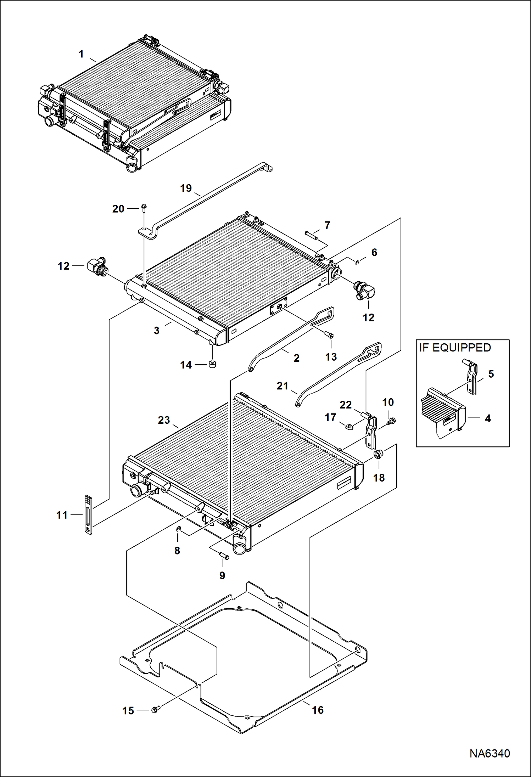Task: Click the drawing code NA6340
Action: (x=490, y=753)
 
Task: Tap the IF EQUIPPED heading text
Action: (x=455, y=348)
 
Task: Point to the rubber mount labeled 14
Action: (x=212, y=364)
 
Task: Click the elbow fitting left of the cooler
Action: (x=95, y=266)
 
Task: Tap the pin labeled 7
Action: (x=312, y=235)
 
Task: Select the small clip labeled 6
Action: (x=358, y=262)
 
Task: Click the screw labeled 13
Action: (x=329, y=335)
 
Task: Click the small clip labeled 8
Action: (x=179, y=529)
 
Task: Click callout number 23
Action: (x=164, y=420)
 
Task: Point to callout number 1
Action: (x=81, y=54)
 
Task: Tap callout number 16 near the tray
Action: (x=318, y=710)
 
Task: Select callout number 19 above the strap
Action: (x=186, y=188)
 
